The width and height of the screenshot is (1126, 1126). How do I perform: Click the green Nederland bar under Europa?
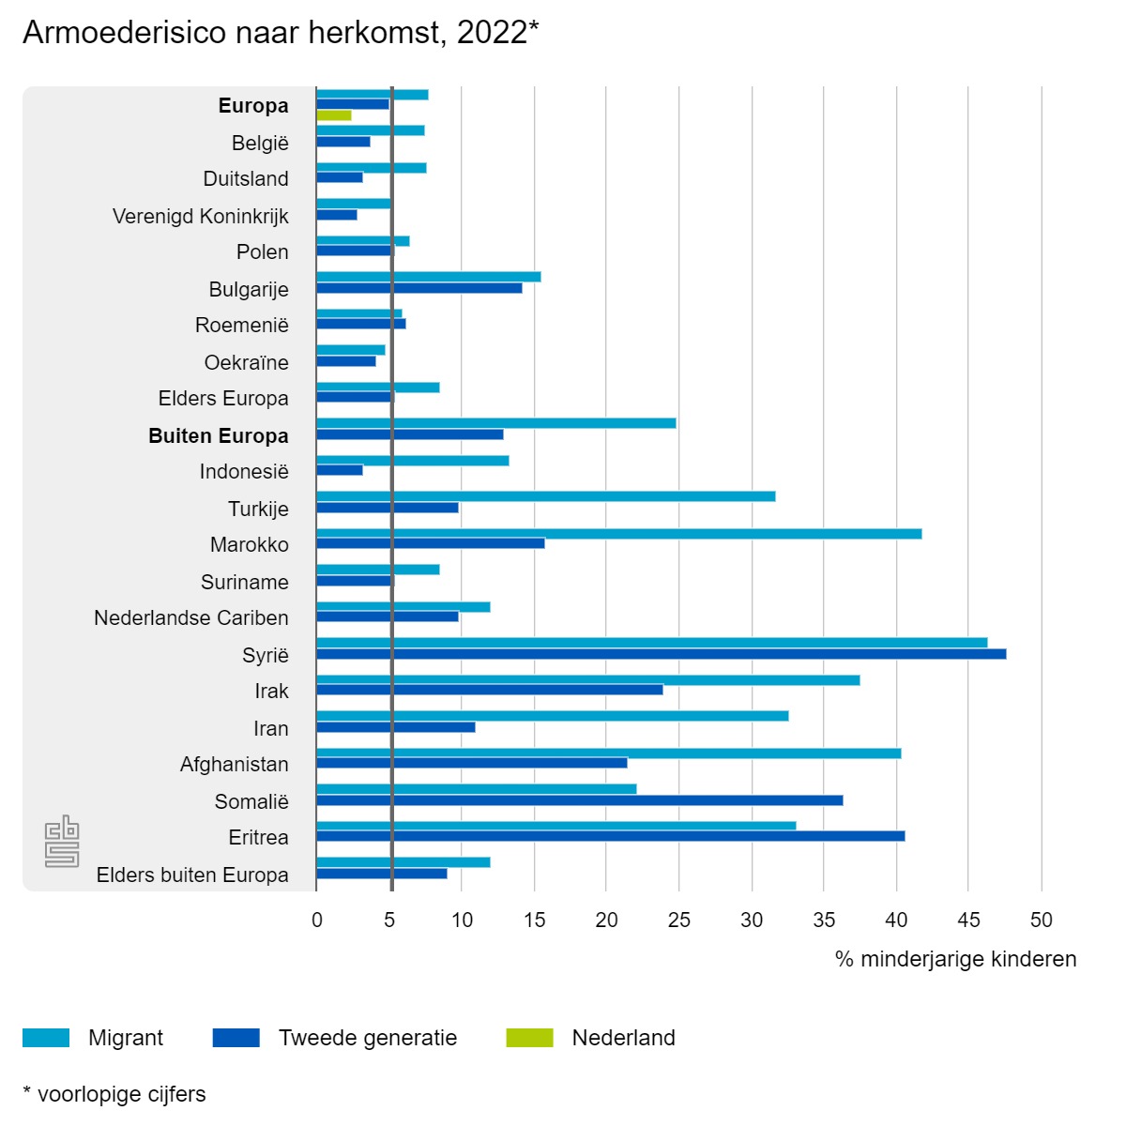pyautogui.click(x=334, y=115)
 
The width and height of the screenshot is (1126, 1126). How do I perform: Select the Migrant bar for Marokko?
pyautogui.click(x=619, y=534)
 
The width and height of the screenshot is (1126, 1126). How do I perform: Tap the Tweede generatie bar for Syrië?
pyautogui.click(x=662, y=654)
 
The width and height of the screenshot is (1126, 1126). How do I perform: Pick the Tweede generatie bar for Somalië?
pyautogui.click(x=580, y=800)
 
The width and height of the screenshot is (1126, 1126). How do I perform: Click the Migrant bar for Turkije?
pyautogui.click(x=546, y=496)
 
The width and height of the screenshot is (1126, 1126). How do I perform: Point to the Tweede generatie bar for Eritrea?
pyautogui.click(x=611, y=836)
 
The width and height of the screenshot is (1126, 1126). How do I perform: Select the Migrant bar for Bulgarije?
pyautogui.click(x=429, y=277)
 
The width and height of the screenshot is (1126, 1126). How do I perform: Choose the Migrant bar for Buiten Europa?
pyautogui.click(x=496, y=423)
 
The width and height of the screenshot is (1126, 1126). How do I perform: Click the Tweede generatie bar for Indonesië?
pyautogui.click(x=340, y=470)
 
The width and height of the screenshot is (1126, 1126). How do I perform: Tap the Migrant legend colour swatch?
pyautogui.click(x=46, y=1038)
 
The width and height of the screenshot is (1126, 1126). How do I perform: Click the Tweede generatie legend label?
pyautogui.click(x=368, y=1038)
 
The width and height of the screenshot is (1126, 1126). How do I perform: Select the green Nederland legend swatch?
pyautogui.click(x=529, y=1038)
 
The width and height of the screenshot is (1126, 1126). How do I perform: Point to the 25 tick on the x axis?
pyautogui.click(x=678, y=920)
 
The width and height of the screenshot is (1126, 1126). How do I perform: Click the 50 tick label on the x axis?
pyautogui.click(x=1041, y=920)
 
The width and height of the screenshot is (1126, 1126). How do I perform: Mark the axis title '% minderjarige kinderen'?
pyautogui.click(x=955, y=959)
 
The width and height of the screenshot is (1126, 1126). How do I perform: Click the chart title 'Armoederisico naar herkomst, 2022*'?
pyautogui.click(x=281, y=33)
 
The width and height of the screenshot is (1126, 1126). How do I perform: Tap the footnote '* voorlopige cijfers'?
pyautogui.click(x=114, y=1094)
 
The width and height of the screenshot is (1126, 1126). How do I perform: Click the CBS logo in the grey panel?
pyautogui.click(x=62, y=841)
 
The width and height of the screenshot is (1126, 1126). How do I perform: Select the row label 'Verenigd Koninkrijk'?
pyautogui.click(x=200, y=217)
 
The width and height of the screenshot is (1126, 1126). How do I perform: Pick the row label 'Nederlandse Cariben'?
pyautogui.click(x=191, y=618)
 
